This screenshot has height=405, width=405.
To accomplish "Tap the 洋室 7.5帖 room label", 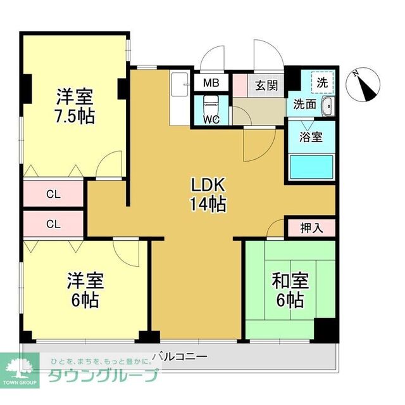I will pyautogui.click(x=74, y=106).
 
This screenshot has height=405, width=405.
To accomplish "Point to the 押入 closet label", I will pyautogui.click(x=311, y=228).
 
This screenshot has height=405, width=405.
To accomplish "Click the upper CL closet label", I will pyautogui.click(x=53, y=194).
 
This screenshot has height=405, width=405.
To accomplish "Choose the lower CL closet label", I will pyautogui.click(x=53, y=223).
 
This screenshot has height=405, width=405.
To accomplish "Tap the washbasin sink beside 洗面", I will pyautogui.click(x=327, y=105).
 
